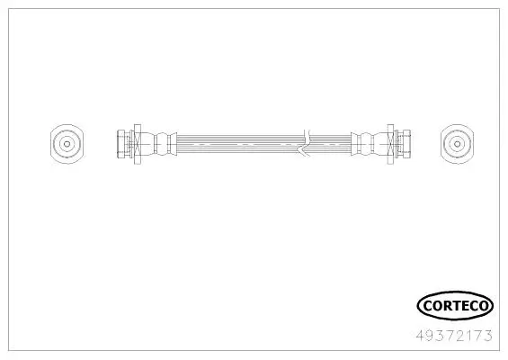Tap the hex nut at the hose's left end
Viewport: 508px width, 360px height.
(123, 141)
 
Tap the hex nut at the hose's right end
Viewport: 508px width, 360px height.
(400, 141)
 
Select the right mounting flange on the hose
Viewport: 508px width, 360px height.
(389, 141)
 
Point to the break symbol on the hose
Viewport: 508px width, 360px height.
(307, 141)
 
